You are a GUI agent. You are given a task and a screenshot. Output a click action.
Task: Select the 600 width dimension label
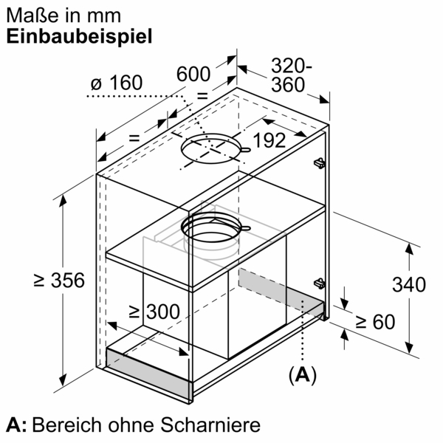point(194,74)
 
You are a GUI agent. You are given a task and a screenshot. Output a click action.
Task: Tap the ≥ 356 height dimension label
point(60,281)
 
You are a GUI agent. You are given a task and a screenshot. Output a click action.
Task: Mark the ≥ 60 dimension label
point(374,322)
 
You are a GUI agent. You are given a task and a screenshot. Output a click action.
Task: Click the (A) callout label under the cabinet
point(302,375)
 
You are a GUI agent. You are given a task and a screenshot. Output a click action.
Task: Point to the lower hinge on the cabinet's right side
point(319,281)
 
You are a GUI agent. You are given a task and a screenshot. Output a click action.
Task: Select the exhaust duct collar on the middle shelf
point(214,230)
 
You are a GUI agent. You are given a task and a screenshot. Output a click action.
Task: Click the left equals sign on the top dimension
point(134,138)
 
